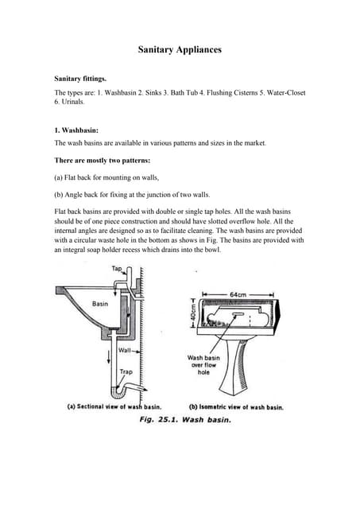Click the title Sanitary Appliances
tap(180, 50)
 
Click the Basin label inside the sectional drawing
tap(99, 304)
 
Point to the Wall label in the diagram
tap(124, 349)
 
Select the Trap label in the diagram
tap(126, 371)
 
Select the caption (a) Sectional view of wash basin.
tap(114, 406)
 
